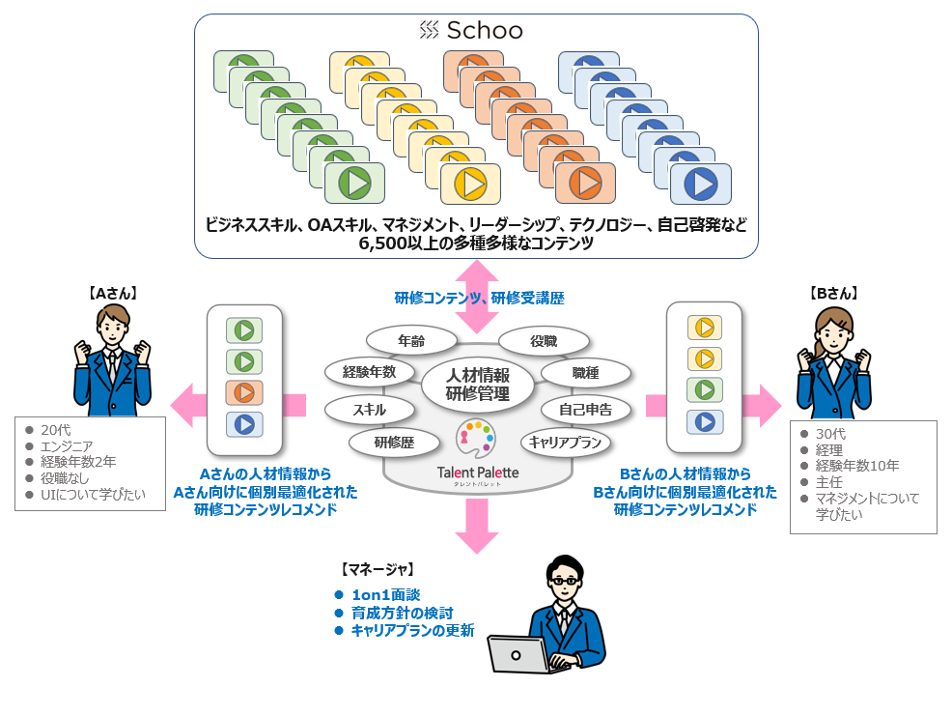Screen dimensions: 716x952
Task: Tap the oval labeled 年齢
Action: click(x=411, y=340)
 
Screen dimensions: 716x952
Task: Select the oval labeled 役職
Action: click(x=544, y=340)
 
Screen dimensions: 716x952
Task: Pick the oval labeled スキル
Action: click(x=369, y=409)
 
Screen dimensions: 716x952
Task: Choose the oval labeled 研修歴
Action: click(x=395, y=443)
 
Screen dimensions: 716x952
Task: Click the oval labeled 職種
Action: click(x=586, y=372)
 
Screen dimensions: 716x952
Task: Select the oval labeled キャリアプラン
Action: click(x=566, y=443)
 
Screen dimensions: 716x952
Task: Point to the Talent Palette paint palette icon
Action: click(x=477, y=441)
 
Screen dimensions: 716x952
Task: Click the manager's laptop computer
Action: click(x=523, y=655)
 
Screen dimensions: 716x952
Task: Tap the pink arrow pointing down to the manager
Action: click(x=476, y=526)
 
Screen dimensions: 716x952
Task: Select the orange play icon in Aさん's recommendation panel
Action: click(x=244, y=392)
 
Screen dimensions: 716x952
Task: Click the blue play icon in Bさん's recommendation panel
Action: click(x=705, y=421)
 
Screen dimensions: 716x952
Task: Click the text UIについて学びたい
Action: click(x=93, y=494)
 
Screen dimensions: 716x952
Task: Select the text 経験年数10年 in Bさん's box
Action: click(x=857, y=466)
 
